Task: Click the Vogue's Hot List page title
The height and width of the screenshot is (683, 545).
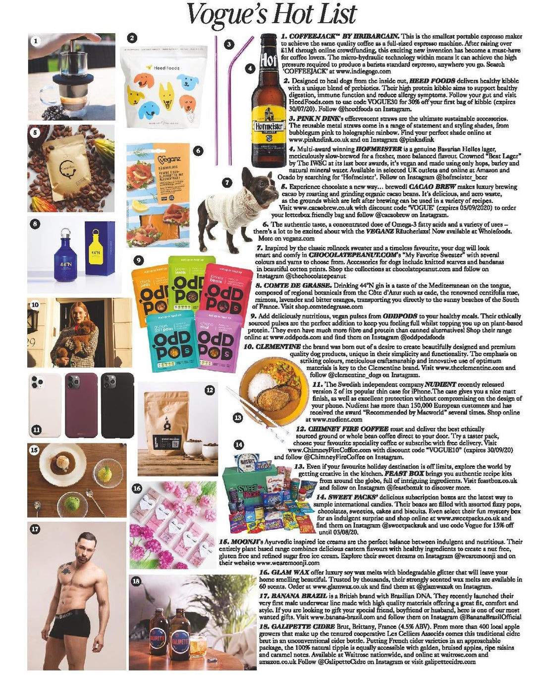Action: pos(271,15)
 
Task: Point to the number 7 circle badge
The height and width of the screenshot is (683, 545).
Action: pos(226,183)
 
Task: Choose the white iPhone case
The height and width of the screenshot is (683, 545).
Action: pos(45,405)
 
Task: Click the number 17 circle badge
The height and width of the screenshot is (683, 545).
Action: pos(35,529)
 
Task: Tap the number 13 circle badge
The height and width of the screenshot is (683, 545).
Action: pos(238,418)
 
